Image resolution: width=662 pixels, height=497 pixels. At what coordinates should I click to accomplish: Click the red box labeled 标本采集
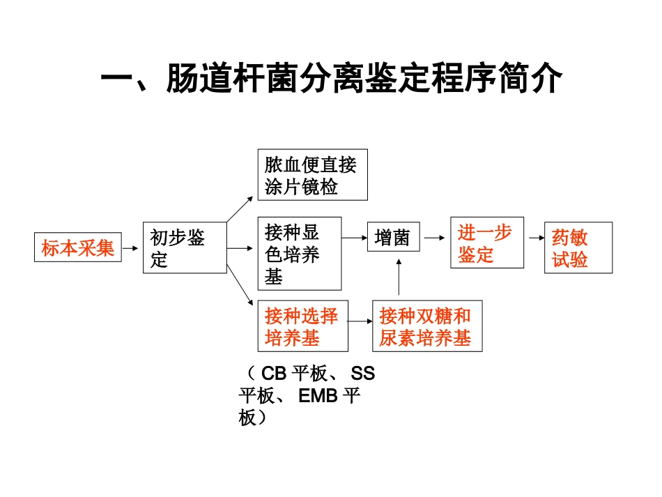click(78, 247)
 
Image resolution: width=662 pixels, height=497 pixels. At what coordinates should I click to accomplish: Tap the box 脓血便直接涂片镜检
click(312, 175)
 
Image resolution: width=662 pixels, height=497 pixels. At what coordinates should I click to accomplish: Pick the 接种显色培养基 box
click(300, 252)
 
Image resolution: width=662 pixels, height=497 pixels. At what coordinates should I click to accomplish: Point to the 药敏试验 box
click(578, 247)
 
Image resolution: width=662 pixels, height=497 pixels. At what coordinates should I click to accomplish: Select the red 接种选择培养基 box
click(302, 326)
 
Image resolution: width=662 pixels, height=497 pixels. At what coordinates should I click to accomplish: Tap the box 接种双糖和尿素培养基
click(426, 326)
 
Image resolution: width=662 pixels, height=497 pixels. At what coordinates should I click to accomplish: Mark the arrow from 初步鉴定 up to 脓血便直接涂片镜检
click(241, 208)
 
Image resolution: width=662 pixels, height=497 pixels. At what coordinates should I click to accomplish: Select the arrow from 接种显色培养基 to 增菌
click(355, 238)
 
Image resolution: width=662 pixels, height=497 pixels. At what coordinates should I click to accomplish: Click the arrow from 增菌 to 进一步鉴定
click(434, 238)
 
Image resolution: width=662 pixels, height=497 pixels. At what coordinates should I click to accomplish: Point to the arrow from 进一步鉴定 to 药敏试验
click(534, 238)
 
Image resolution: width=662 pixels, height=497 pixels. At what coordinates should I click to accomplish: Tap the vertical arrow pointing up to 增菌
click(399, 278)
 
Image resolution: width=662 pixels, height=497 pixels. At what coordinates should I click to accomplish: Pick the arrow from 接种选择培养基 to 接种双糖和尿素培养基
click(360, 322)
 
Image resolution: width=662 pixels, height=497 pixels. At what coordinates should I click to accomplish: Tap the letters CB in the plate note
click(275, 374)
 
